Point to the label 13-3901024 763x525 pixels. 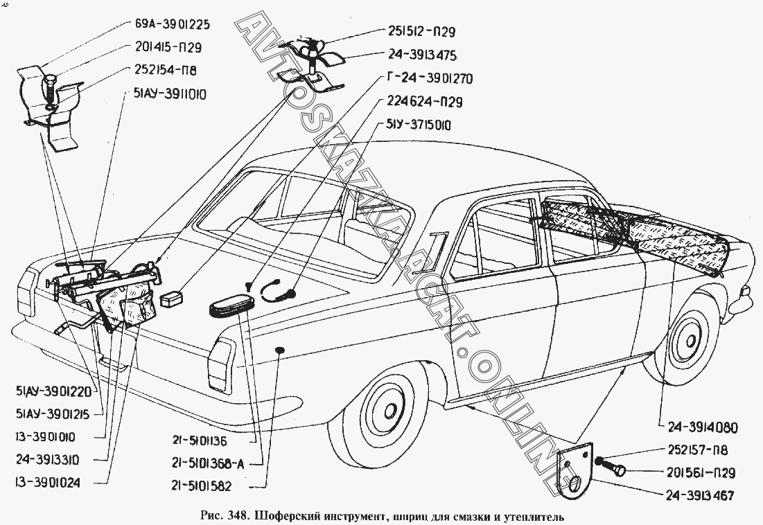pyautogui.click(x=47, y=479)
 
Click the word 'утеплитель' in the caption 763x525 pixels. pyautogui.click(x=534, y=516)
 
